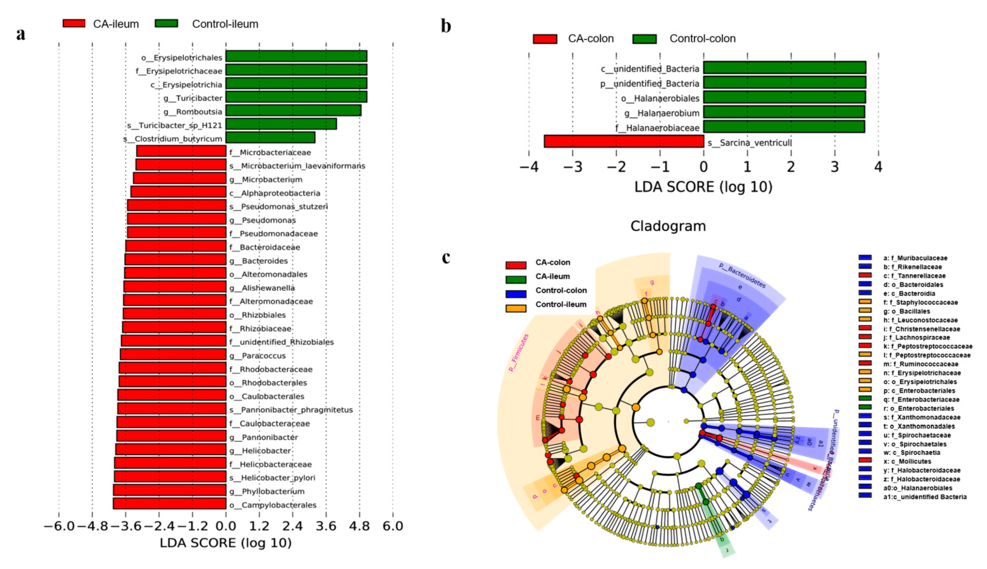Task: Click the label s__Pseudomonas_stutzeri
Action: coord(278,207)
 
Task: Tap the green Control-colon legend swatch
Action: coord(644,39)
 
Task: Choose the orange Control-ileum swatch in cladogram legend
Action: coord(516,308)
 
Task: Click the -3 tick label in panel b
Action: coord(573,167)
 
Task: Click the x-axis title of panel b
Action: coord(703,187)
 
